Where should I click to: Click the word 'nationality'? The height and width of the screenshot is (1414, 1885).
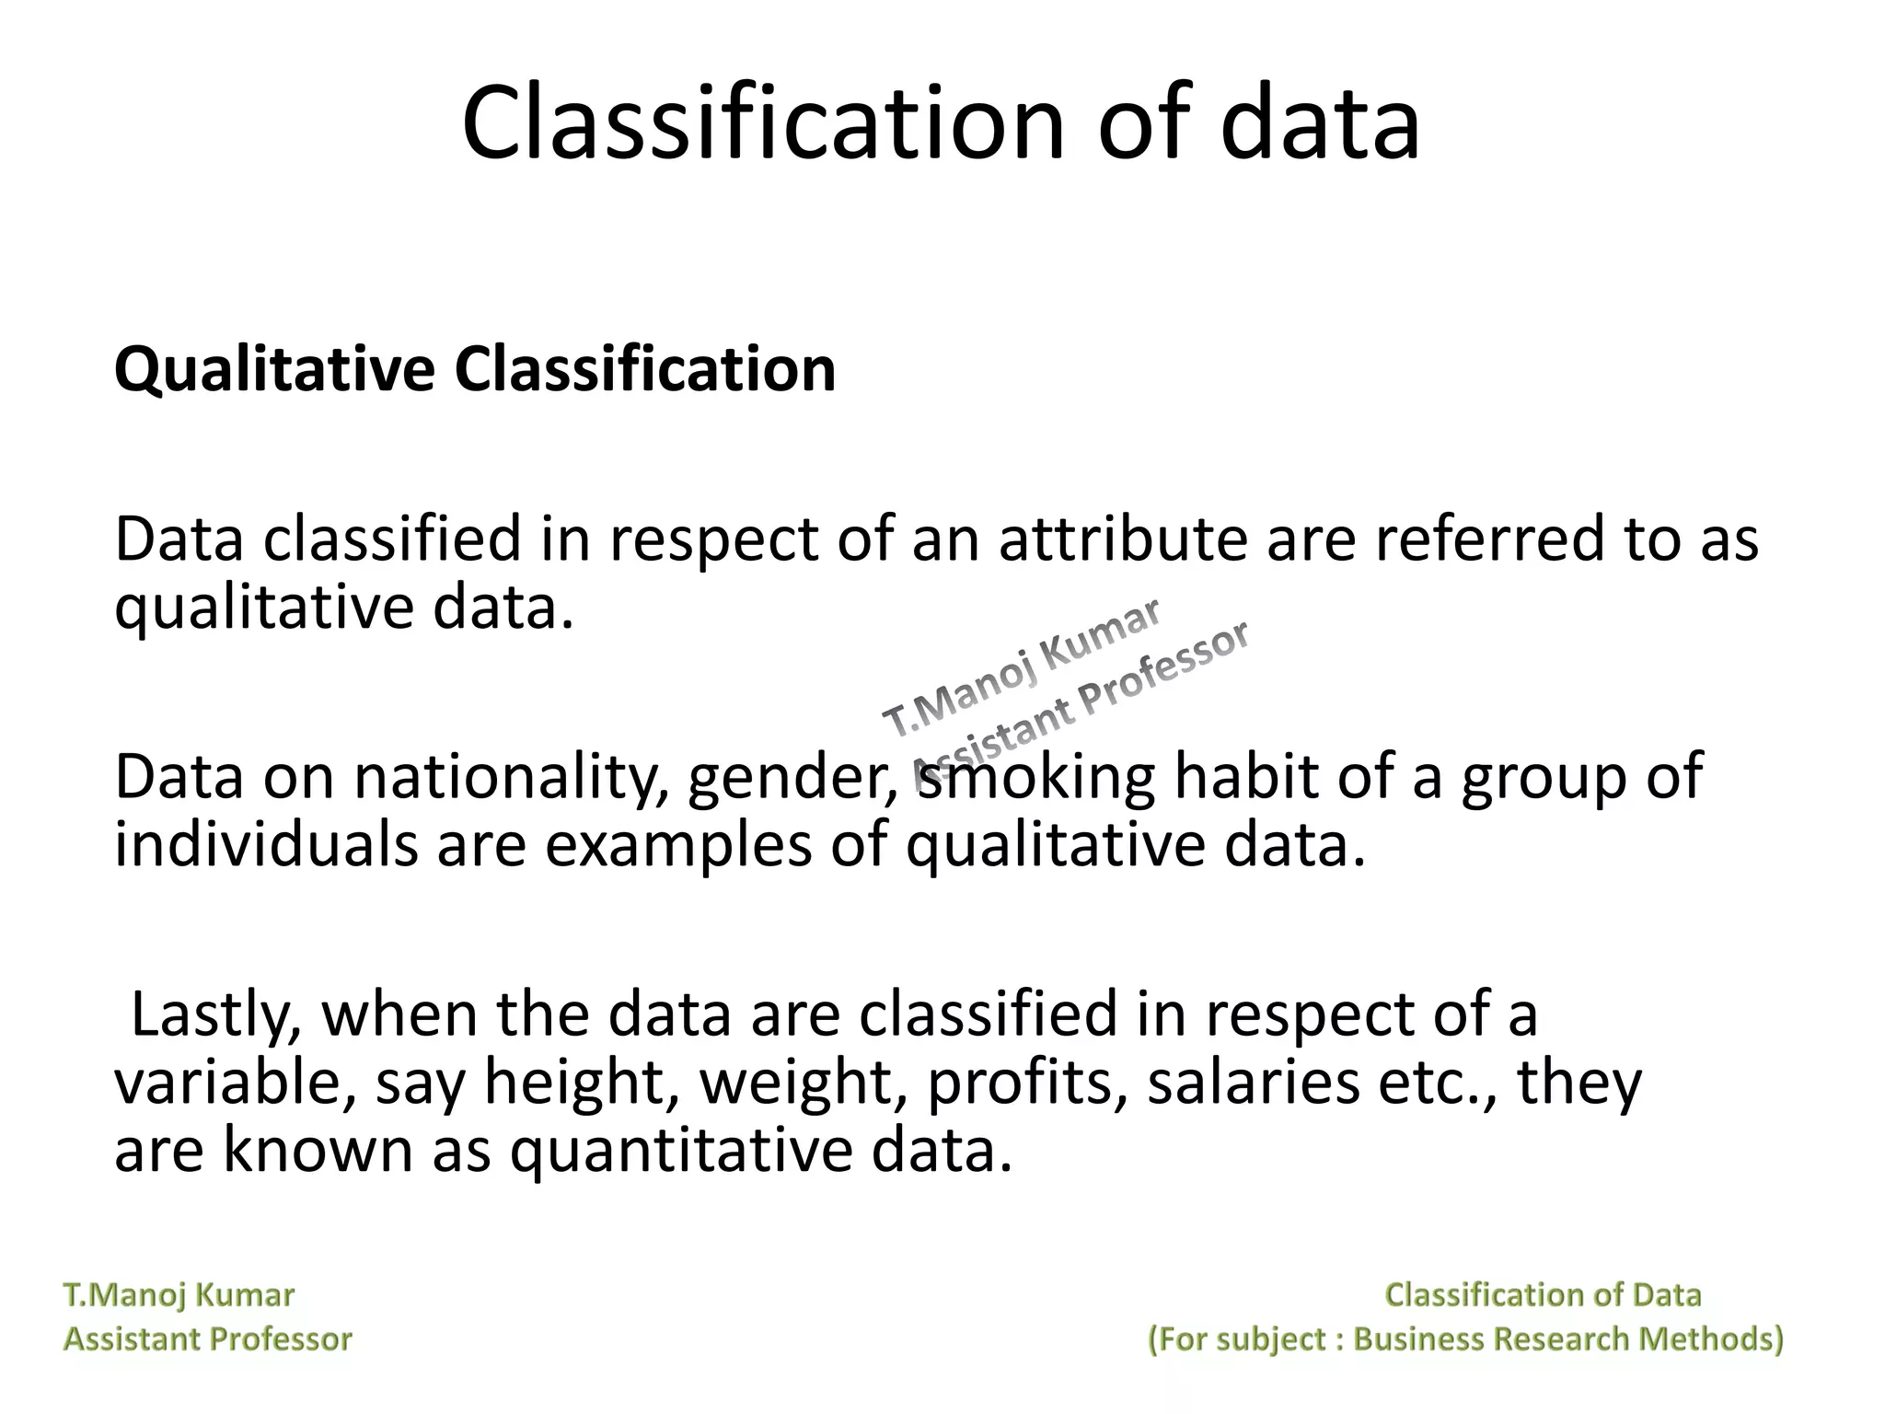pyautogui.click(x=510, y=778)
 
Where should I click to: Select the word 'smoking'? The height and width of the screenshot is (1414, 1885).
pyautogui.click(x=1035, y=778)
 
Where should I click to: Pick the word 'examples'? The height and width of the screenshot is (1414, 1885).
pyautogui.click(x=678, y=846)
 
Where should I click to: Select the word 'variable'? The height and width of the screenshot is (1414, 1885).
pyautogui.click(x=235, y=1083)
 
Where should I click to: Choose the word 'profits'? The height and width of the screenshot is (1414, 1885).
pyautogui.click(x=1027, y=1084)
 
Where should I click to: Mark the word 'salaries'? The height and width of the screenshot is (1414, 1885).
pyautogui.click(x=1253, y=1083)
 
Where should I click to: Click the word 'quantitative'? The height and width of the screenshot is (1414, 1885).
pyautogui.click(x=680, y=1151)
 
